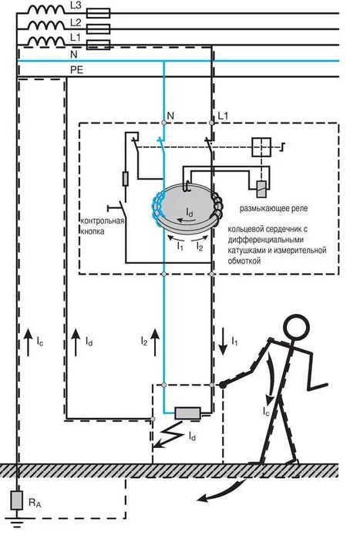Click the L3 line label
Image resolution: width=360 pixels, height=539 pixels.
76,7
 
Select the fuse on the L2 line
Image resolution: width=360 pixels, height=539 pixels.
98,29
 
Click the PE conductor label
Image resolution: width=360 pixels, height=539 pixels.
76,70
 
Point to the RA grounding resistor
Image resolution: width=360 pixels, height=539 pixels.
16,500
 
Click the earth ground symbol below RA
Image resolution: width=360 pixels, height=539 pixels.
16,523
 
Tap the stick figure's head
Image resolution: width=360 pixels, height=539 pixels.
296,327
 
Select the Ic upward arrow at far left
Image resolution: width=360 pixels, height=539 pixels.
29,342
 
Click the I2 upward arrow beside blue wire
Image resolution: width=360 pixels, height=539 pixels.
155,342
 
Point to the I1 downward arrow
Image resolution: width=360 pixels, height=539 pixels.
223,342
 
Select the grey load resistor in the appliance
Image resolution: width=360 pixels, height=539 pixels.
187,413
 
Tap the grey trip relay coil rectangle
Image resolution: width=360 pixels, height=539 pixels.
261,189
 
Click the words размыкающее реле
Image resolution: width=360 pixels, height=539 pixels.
274,208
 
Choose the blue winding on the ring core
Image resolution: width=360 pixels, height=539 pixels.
157,209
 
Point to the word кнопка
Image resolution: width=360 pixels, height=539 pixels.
93,231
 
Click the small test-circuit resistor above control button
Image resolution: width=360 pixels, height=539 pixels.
126,179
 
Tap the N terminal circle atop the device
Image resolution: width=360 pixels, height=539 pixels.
164,123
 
